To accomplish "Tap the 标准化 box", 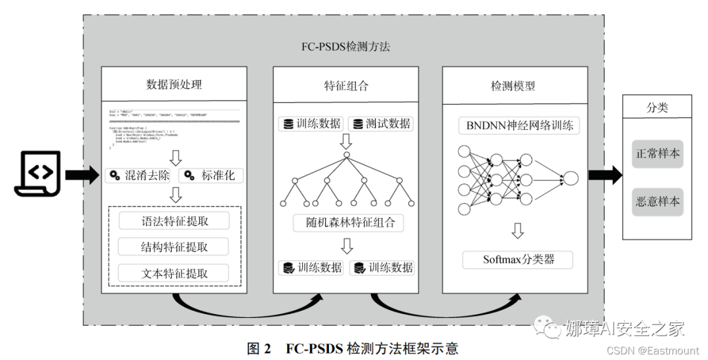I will (212, 176).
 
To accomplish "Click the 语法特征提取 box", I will (174, 221).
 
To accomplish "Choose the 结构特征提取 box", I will (174, 247).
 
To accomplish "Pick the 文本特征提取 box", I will (174, 273).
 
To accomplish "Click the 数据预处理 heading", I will (174, 85).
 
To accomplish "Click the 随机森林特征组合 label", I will (348, 222).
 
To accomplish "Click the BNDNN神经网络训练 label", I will (519, 125).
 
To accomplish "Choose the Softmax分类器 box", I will (518, 259).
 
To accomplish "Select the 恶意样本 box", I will (658, 201).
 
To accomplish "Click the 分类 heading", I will (658, 106).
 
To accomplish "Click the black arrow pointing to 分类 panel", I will (604, 174).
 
